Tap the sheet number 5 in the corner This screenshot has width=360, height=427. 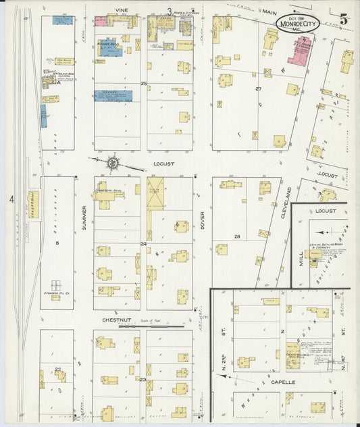click(344, 19)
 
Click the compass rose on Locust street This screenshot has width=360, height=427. click(113, 163)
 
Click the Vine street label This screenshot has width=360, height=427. click(122, 11)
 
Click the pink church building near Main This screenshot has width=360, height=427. click(300, 51)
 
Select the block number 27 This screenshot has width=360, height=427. click(258, 89)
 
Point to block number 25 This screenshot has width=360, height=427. click(143, 83)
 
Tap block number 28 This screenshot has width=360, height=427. click(237, 236)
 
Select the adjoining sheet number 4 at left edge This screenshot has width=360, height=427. click(11, 199)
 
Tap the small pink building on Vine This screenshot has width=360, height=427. click(101, 22)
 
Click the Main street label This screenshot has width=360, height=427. click(269, 12)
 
